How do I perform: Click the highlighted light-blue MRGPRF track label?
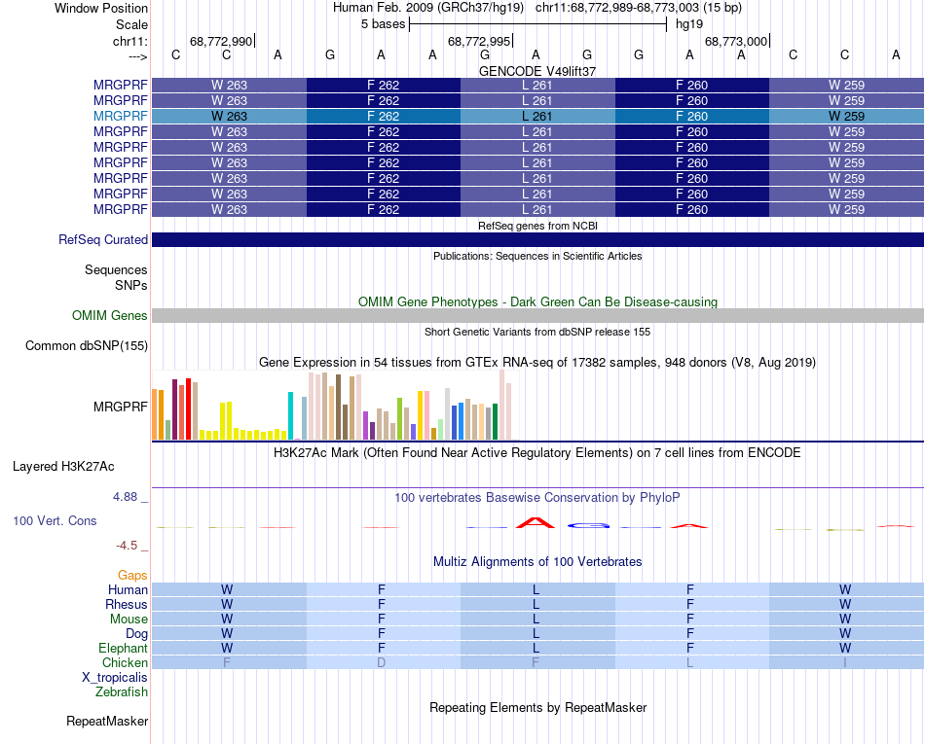coord(120,116)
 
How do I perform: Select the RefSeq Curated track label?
coord(103,240)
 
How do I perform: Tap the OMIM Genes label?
coord(109,316)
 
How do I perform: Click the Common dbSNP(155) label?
coord(87,346)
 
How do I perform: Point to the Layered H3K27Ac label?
coord(80,466)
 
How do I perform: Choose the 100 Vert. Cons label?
coord(55,521)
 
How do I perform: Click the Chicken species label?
coord(126,663)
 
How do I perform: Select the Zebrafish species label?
coord(122,692)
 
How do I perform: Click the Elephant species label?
coord(123,649)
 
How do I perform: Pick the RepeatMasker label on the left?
coord(107,722)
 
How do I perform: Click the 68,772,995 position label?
coord(478,41)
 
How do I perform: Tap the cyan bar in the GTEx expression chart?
coord(291,415)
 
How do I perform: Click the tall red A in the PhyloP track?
coord(536,522)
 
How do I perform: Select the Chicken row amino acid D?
coord(382,663)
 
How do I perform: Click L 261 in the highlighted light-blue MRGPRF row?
coord(537,116)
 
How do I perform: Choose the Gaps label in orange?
coord(132,576)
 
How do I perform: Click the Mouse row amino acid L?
coord(536,620)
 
